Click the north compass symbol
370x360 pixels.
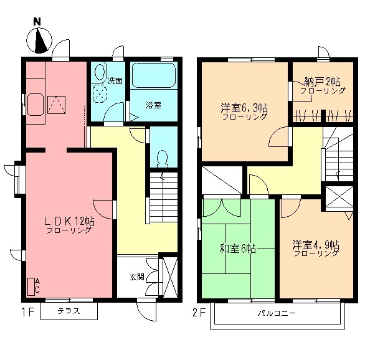[39, 39]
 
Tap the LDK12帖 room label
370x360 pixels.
[69, 221]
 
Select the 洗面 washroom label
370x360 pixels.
[115, 80]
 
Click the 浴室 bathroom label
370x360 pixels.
[153, 105]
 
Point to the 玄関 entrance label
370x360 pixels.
[137, 276]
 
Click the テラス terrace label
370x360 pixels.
[69, 311]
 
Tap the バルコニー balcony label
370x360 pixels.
[276, 313]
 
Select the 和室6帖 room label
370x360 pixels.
[237, 249]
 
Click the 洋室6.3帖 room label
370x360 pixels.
[244, 107]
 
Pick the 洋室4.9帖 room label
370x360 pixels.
[316, 245]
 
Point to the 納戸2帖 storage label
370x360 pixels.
[322, 82]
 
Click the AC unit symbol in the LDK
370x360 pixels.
[32, 286]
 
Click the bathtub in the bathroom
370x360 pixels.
[153, 77]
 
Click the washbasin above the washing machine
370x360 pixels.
[100, 73]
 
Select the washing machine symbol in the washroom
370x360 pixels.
[100, 94]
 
